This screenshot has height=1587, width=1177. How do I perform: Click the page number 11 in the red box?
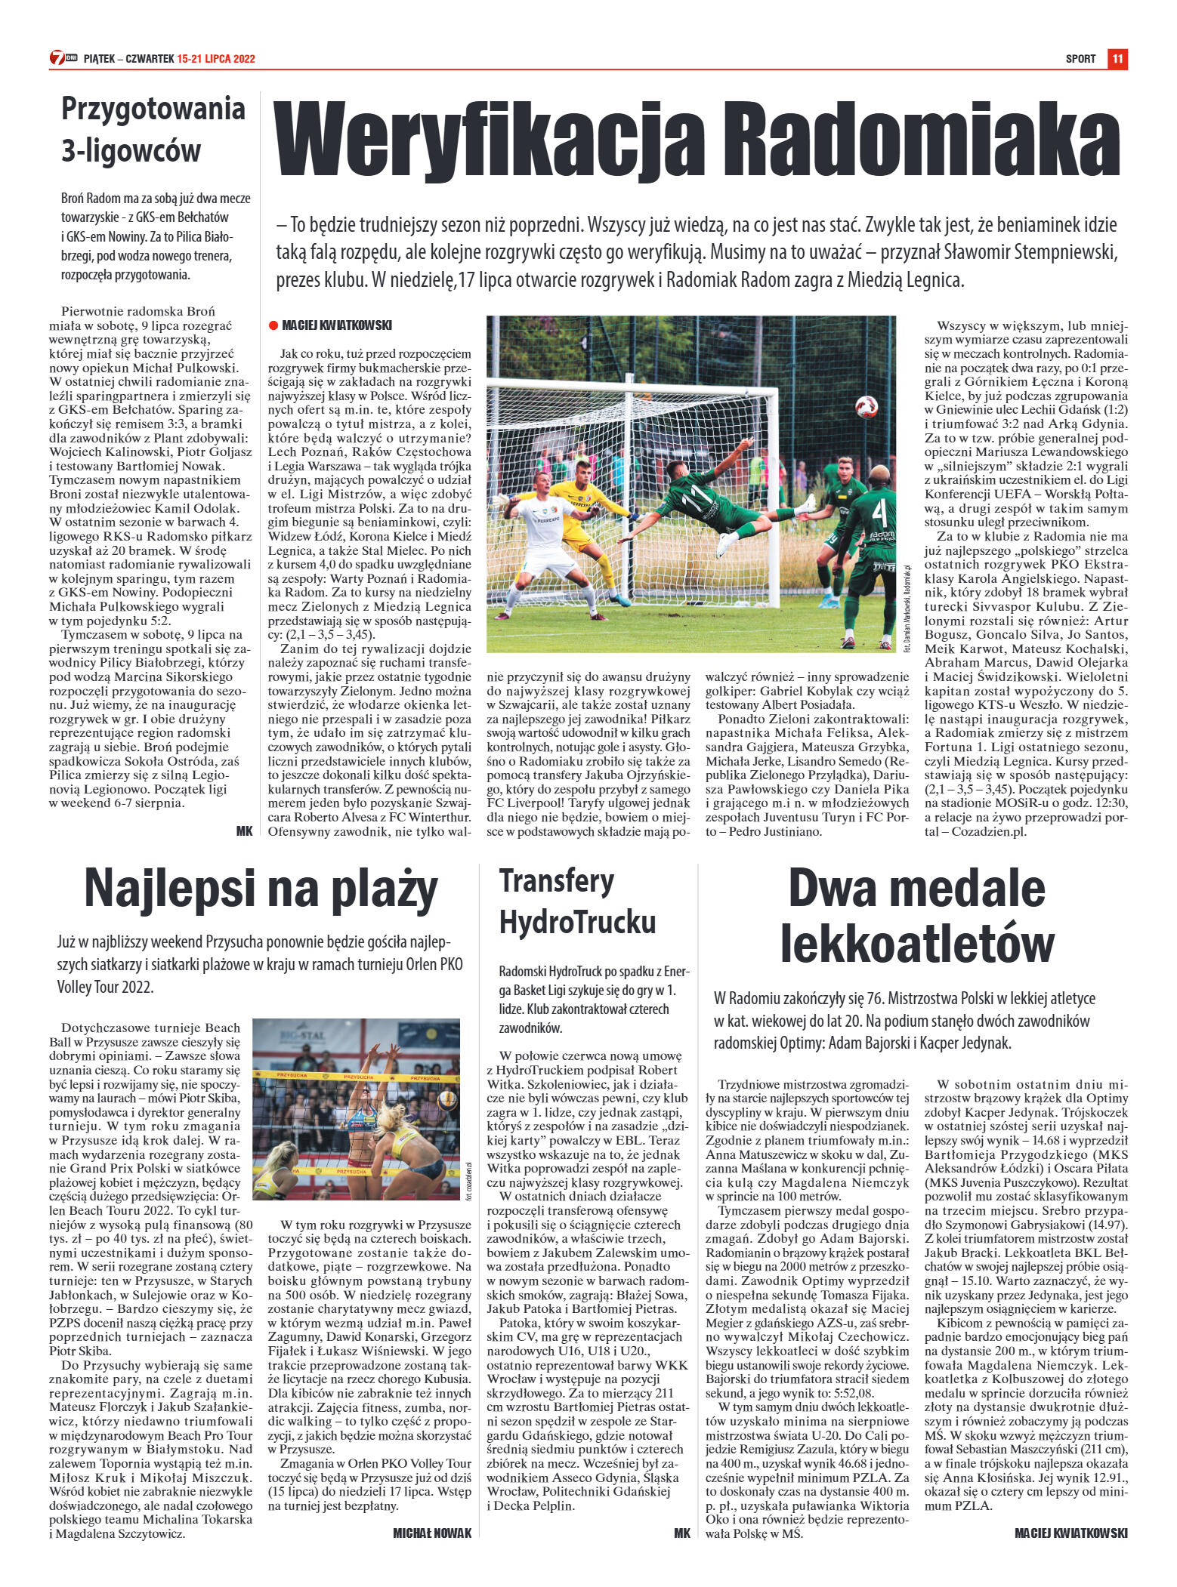coord(1118,59)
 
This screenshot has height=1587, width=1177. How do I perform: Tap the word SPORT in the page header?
coord(1080,59)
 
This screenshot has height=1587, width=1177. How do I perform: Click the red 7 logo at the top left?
coord(57,59)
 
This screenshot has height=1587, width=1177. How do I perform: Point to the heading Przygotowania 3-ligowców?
coord(153,129)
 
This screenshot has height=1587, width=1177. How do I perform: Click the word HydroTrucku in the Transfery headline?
coord(577,922)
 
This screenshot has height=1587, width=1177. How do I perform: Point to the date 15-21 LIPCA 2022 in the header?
coord(216,59)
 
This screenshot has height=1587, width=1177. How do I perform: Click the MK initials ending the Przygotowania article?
coord(244,831)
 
